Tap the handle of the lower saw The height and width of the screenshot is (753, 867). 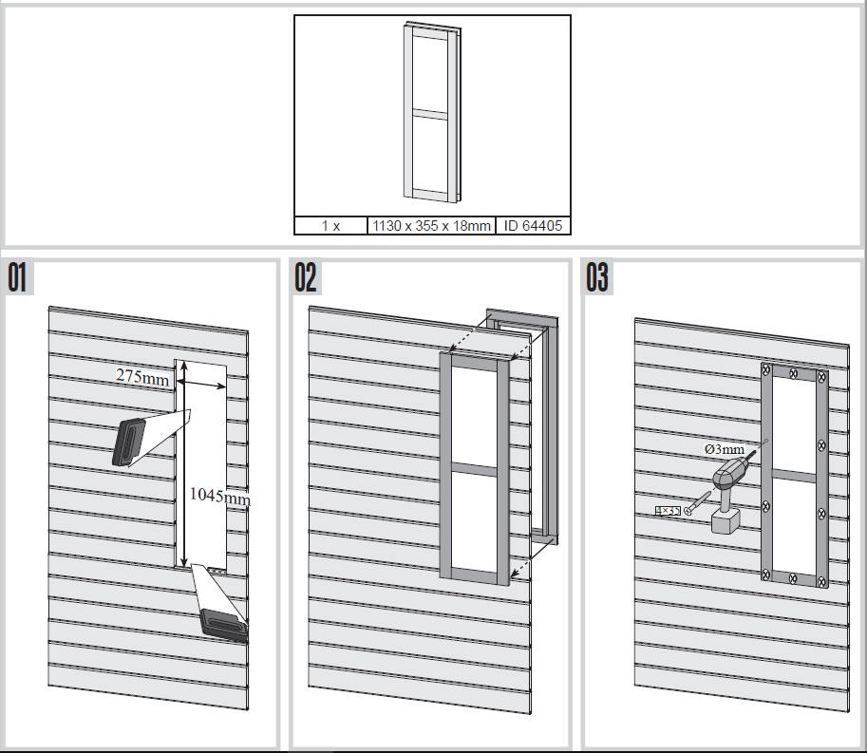tap(221, 625)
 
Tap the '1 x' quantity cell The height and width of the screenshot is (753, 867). tap(330, 226)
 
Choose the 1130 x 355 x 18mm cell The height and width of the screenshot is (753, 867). tap(430, 226)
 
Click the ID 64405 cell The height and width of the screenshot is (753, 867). tap(532, 226)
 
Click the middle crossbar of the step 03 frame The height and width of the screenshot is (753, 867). tap(794, 474)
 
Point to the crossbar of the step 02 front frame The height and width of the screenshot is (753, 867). tap(473, 470)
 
